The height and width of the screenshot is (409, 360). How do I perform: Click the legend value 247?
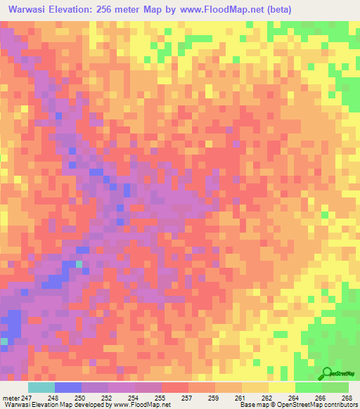point(25,397)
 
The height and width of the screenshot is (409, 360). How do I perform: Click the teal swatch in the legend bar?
point(41,387)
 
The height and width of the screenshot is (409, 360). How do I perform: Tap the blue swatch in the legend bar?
point(68,387)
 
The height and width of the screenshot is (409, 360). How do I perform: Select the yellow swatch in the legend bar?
point(282,387)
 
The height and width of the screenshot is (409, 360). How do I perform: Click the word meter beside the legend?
point(9,397)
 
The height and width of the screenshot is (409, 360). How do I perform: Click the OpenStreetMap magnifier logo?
point(327,373)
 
